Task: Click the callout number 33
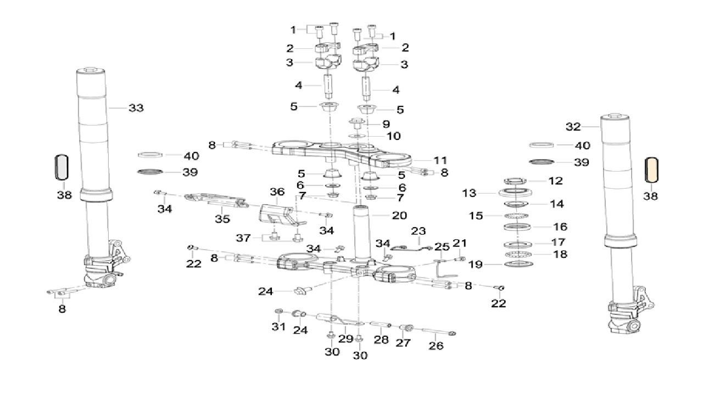coord(136,108)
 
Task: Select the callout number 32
coord(573,127)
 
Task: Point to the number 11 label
coord(440,161)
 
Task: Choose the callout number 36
coord(277,191)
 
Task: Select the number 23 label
coord(419,232)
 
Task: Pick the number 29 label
coord(345,339)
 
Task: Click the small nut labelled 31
coord(278,312)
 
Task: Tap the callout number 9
coord(386,124)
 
